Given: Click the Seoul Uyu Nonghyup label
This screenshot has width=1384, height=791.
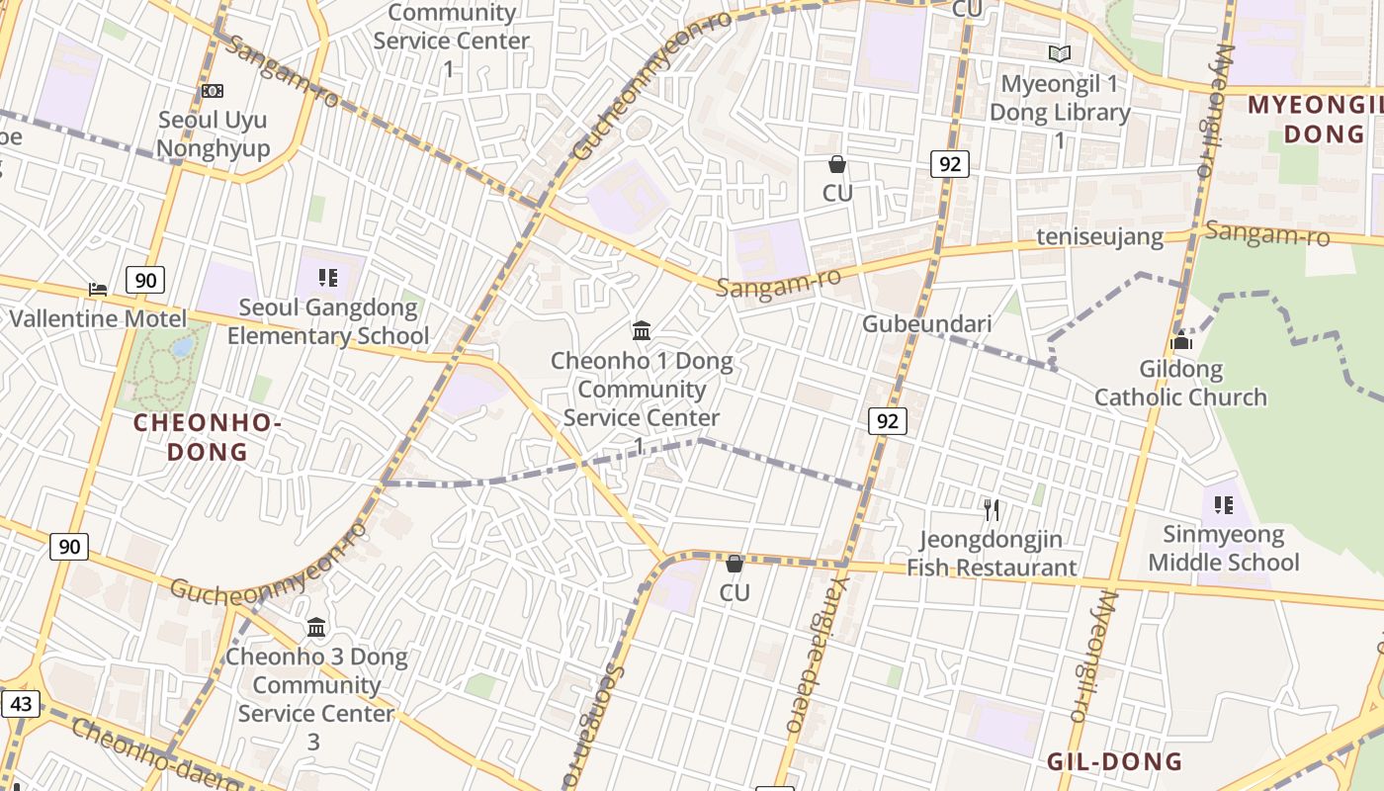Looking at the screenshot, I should click(x=214, y=134).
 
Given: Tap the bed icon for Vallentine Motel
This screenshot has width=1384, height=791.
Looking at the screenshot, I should click(x=98, y=290).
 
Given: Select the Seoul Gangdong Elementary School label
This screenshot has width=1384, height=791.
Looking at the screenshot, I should click(x=328, y=321).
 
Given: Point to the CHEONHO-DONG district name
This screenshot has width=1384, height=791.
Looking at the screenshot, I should click(x=208, y=437).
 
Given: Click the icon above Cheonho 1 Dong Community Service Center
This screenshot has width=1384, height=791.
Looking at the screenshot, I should click(x=642, y=330).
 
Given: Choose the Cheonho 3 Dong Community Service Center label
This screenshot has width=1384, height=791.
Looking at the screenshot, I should click(x=316, y=698).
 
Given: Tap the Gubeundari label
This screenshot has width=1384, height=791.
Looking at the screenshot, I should click(x=912, y=323).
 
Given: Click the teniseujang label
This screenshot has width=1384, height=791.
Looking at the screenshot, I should click(x=1099, y=238).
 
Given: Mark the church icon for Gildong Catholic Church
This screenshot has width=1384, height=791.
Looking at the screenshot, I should click(x=1180, y=341).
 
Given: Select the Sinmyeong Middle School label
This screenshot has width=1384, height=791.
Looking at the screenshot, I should click(x=1223, y=549).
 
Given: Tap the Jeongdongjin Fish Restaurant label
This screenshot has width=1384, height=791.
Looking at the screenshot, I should click(x=992, y=554).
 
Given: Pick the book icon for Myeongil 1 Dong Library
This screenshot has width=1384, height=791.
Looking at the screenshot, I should click(x=1060, y=53).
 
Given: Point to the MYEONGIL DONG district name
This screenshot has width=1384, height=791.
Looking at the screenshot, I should click(x=1315, y=119).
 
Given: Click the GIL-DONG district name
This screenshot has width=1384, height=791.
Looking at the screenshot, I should click(x=1114, y=761).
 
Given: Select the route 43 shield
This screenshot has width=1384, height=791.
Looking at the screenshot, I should click(x=22, y=704).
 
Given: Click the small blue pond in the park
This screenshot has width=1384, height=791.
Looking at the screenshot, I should click(x=183, y=347).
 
